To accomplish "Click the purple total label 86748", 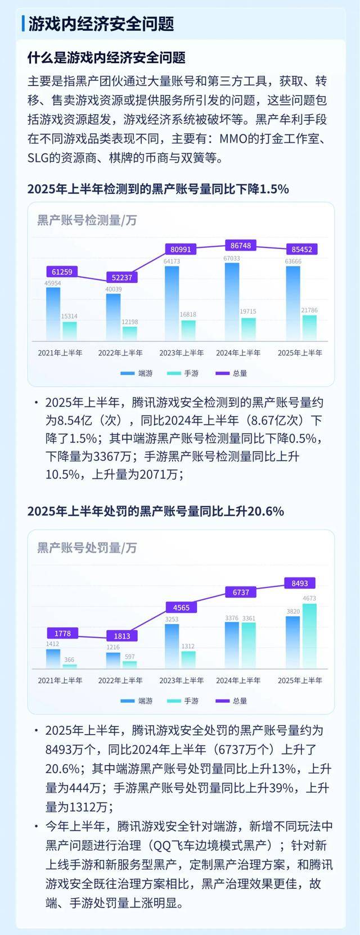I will coord(241,246).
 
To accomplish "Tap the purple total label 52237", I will coord(122,277).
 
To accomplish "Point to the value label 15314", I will coord(69,317).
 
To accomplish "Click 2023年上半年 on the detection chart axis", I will coord(181,353).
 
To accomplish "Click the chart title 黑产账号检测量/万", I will coord(87,220).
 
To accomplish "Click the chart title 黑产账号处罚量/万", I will coord(87,548).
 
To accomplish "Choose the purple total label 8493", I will coord(300,584).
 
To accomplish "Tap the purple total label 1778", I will coord(62,634).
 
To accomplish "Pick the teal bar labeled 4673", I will coord(309,635).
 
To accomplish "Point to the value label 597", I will coord(129,657).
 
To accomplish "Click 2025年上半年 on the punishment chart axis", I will coord(300,680).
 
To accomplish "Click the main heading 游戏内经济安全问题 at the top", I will coord(101,24).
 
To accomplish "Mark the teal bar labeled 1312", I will coord(188,659).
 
